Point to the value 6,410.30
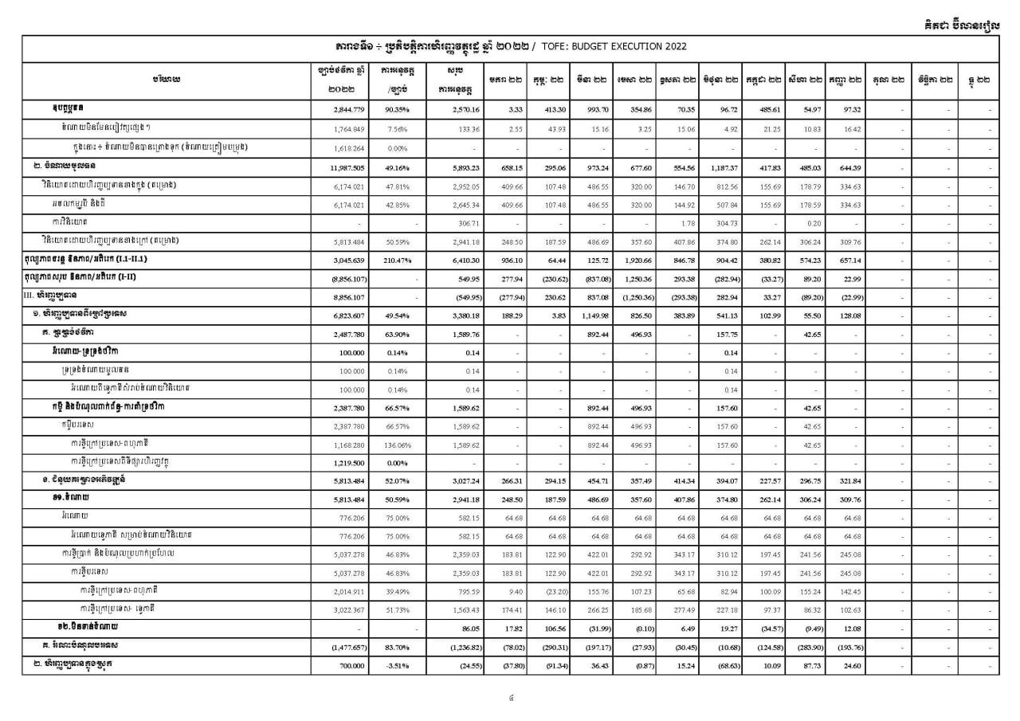456,259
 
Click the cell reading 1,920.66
635,259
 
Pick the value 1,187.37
722,167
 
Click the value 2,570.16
456,108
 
